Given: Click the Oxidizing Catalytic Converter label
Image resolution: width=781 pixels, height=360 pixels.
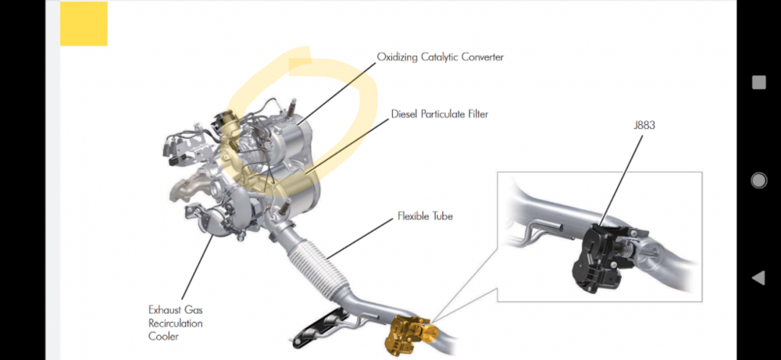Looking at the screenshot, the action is (440, 57).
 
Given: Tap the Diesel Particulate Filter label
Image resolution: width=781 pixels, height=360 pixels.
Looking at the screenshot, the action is (439, 114).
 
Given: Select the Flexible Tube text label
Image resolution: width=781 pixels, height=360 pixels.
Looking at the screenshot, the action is (425, 216).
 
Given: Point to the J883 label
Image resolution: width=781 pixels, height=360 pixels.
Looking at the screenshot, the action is (644, 126).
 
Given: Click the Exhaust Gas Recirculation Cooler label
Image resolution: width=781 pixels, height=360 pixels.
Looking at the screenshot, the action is (175, 323).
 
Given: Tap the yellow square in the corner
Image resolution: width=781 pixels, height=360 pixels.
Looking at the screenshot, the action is (84, 23).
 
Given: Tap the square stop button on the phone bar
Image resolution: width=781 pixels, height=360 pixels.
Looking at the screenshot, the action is (758, 82).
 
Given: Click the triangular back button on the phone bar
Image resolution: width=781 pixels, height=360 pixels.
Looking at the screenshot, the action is (758, 278).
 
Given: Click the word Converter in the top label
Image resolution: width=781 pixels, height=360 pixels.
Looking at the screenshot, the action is (482, 57).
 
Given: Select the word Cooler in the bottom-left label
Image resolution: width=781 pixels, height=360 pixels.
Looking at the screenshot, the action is (163, 337).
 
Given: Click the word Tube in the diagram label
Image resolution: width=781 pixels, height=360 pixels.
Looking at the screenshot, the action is (441, 216).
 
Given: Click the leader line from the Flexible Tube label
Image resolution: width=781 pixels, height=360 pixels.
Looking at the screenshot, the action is (359, 238).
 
